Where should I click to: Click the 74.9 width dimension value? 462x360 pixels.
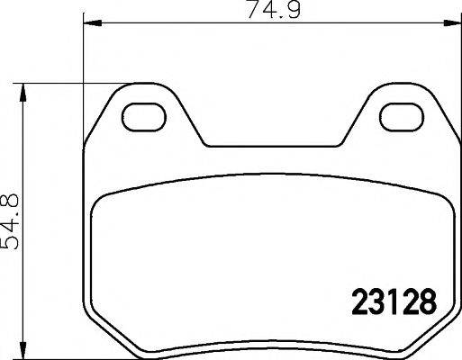[274, 10]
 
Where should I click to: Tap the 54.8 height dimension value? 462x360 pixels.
[11, 221]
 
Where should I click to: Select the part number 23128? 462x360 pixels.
[394, 301]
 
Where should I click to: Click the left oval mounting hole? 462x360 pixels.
[143, 117]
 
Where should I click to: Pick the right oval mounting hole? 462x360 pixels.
[402, 117]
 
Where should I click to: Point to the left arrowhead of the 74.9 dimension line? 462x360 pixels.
[92, 22]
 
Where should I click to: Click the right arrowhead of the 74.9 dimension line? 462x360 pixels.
[452, 22]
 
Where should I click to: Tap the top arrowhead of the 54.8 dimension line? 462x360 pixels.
[23, 93]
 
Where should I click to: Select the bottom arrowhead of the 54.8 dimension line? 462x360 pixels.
[23, 350]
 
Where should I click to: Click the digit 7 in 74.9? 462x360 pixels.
[253, 10]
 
